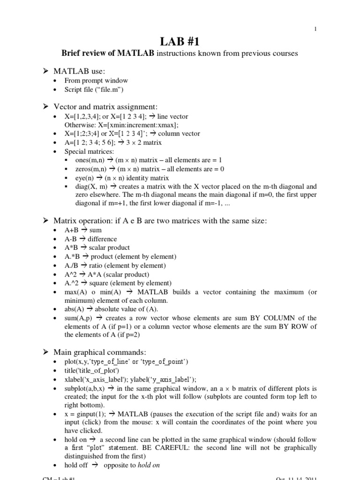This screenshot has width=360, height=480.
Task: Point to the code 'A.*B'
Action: (72, 256)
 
